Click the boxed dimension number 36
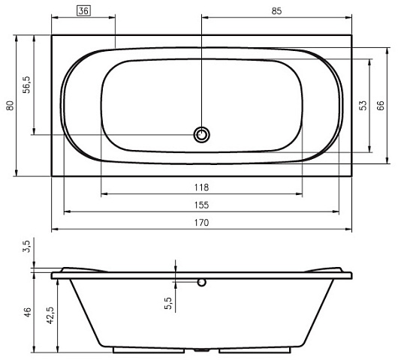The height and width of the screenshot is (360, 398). pos(83,11)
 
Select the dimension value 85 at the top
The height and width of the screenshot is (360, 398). pos(276,11)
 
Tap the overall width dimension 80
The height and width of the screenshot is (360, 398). pos(10,106)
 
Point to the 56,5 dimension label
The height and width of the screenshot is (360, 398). pos(26,85)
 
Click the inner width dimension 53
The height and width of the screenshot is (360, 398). pos(363,106)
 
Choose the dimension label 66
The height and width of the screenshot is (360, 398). pos(381,106)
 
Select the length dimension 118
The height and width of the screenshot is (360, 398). pos(201,187)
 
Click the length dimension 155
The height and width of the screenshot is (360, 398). pos(201,205)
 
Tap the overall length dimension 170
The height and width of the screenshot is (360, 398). pos(201,223)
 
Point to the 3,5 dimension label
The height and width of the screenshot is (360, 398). pos(26,246)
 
